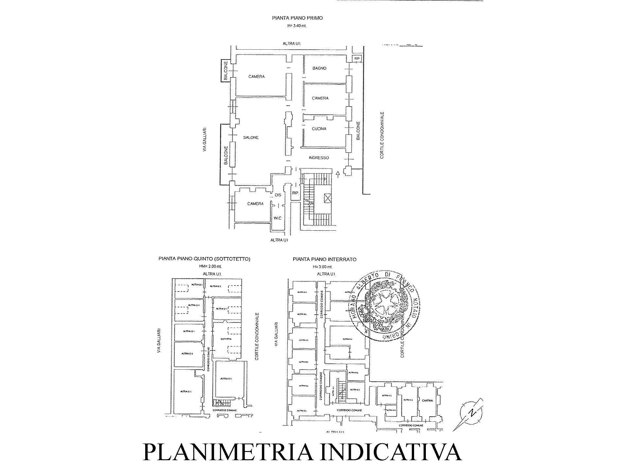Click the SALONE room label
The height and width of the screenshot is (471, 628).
tap(251, 137)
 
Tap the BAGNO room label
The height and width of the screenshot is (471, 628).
tap(319, 68)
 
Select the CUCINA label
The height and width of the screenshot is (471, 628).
tap(319, 129)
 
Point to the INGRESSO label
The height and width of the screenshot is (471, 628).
tap(319, 158)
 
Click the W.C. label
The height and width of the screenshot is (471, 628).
tap(277, 218)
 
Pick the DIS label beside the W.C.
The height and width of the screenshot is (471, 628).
tap(278, 195)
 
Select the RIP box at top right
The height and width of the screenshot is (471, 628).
tap(357, 59)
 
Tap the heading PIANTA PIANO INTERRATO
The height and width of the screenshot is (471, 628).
tap(324, 259)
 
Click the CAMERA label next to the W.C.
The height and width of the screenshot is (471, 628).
tap(255, 204)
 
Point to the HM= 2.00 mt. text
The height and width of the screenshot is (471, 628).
tap(204, 267)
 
